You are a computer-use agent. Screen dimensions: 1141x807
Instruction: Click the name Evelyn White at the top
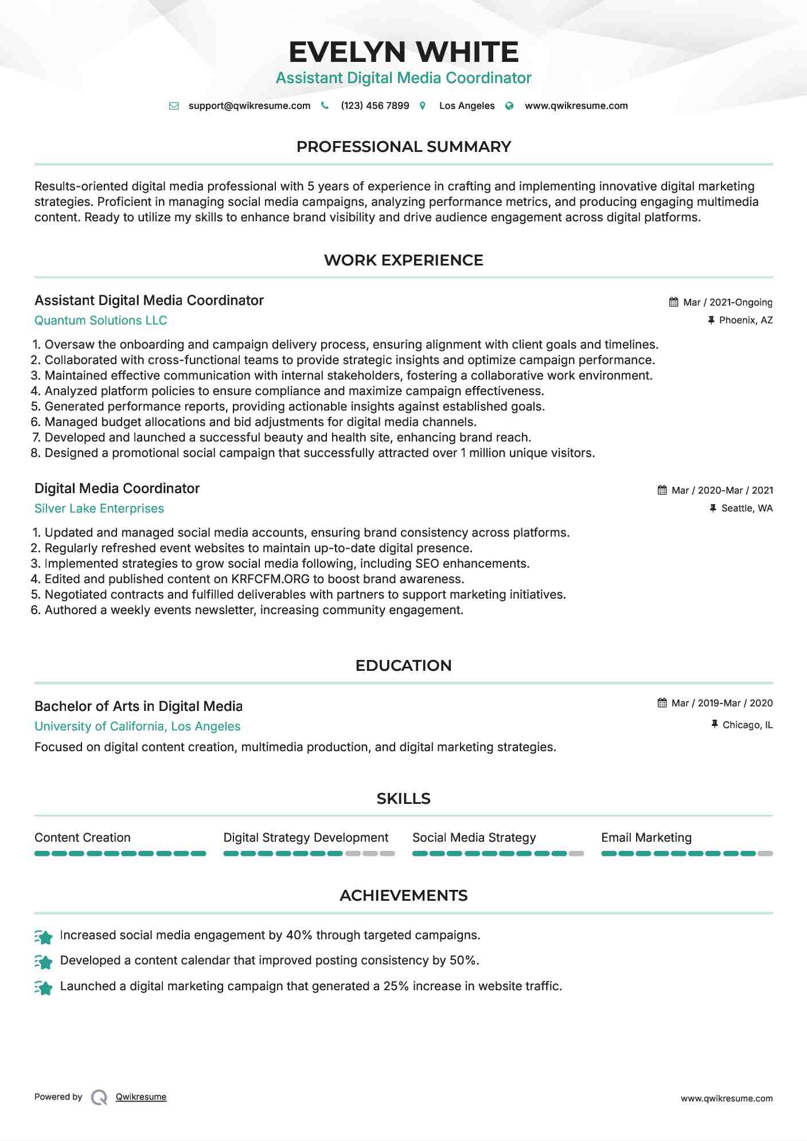(403, 52)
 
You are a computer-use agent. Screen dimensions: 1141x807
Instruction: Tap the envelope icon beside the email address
(174, 106)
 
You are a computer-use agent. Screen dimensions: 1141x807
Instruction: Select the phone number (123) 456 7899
(375, 106)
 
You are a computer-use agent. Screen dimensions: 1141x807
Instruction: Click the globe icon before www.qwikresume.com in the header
(509, 106)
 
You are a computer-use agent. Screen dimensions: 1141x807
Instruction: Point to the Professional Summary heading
(403, 147)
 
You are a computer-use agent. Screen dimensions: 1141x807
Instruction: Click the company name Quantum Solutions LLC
(101, 321)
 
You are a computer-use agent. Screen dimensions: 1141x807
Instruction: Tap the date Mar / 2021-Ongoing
(727, 302)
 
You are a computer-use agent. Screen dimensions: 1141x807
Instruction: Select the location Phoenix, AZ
(746, 320)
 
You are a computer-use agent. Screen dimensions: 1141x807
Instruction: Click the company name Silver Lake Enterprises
(99, 509)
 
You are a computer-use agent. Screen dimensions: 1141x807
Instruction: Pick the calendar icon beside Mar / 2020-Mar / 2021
(662, 490)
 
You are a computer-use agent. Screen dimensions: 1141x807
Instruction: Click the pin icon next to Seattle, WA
(713, 508)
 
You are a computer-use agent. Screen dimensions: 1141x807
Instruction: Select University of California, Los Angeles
(138, 726)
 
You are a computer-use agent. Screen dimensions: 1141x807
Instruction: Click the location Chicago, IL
(747, 725)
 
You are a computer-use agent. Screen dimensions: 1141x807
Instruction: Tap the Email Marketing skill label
(646, 838)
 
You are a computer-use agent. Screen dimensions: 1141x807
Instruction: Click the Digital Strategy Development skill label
(306, 838)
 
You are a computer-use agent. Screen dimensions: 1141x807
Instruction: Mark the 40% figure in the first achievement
(299, 935)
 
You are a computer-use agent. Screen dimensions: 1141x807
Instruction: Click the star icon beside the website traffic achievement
(44, 987)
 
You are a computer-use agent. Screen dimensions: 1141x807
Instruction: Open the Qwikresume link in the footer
(141, 1097)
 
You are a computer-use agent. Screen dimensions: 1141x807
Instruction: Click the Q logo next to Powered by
(99, 1097)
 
